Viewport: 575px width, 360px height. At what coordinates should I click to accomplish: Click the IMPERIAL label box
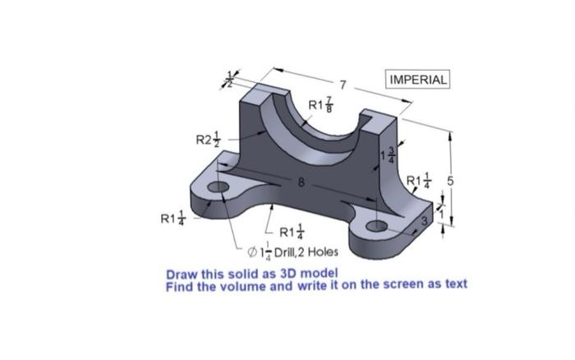(x=418, y=80)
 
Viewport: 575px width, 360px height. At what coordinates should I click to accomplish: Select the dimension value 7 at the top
(x=344, y=84)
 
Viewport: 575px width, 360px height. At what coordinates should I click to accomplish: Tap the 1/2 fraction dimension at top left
(x=231, y=81)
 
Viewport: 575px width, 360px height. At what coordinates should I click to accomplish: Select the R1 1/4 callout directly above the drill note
(x=292, y=233)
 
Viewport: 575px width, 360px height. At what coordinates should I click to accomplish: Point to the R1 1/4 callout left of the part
(x=172, y=219)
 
